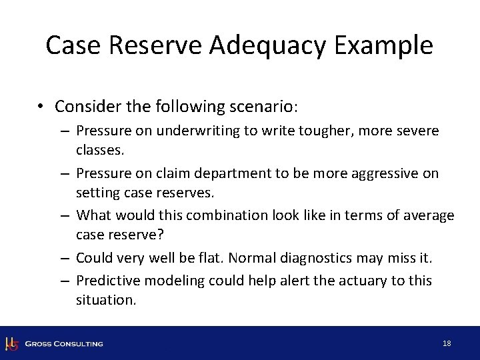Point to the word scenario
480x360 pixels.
pyautogui.click(x=263, y=107)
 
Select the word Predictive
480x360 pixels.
pyautogui.click(x=106, y=281)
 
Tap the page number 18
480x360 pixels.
pyautogui.click(x=447, y=343)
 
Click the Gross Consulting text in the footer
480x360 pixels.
pyautogui.click(x=64, y=343)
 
